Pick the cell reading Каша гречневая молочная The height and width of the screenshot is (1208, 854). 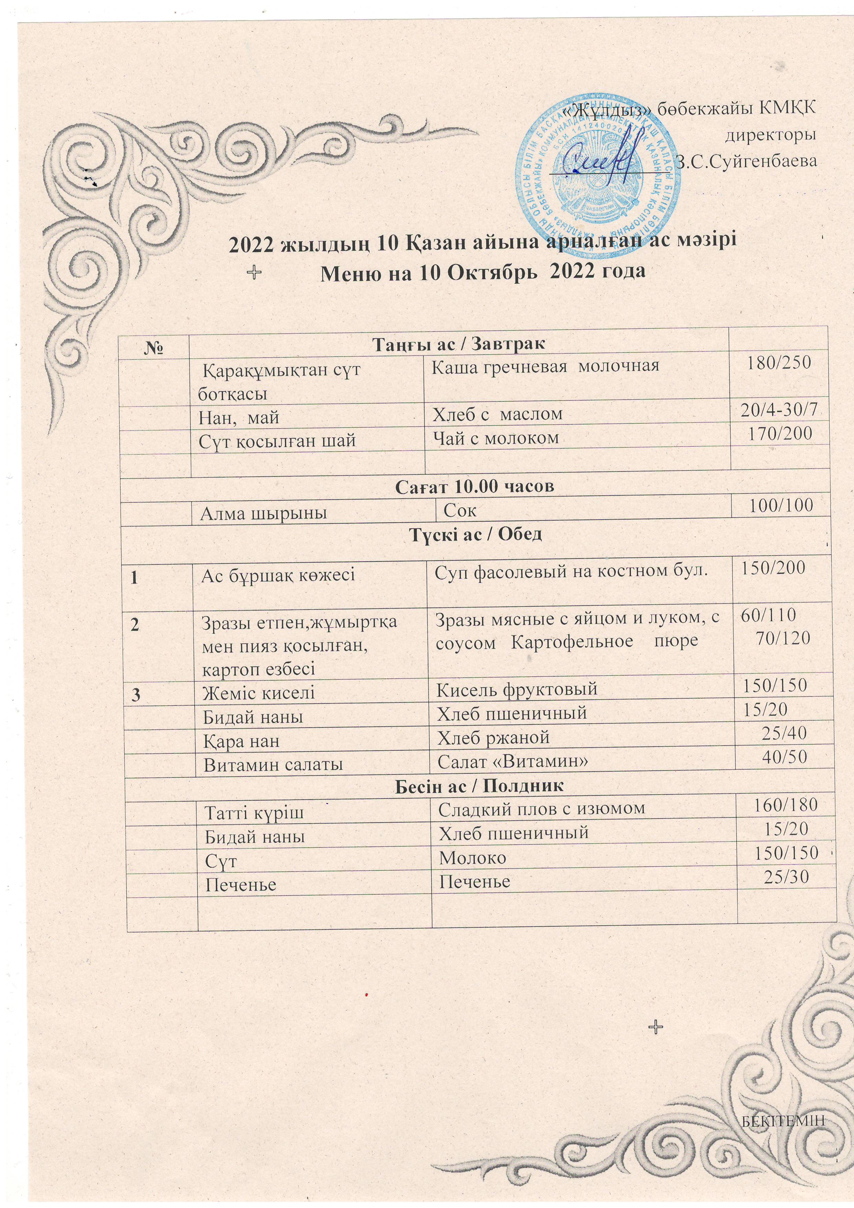coord(545,366)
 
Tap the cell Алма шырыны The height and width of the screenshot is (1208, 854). coord(263,513)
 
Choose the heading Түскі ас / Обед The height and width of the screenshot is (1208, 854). coord(475,534)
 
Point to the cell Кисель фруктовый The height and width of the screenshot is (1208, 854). coord(517,688)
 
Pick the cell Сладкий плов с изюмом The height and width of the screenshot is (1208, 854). coord(541,808)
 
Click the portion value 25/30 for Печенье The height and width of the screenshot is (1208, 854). coord(785,876)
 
